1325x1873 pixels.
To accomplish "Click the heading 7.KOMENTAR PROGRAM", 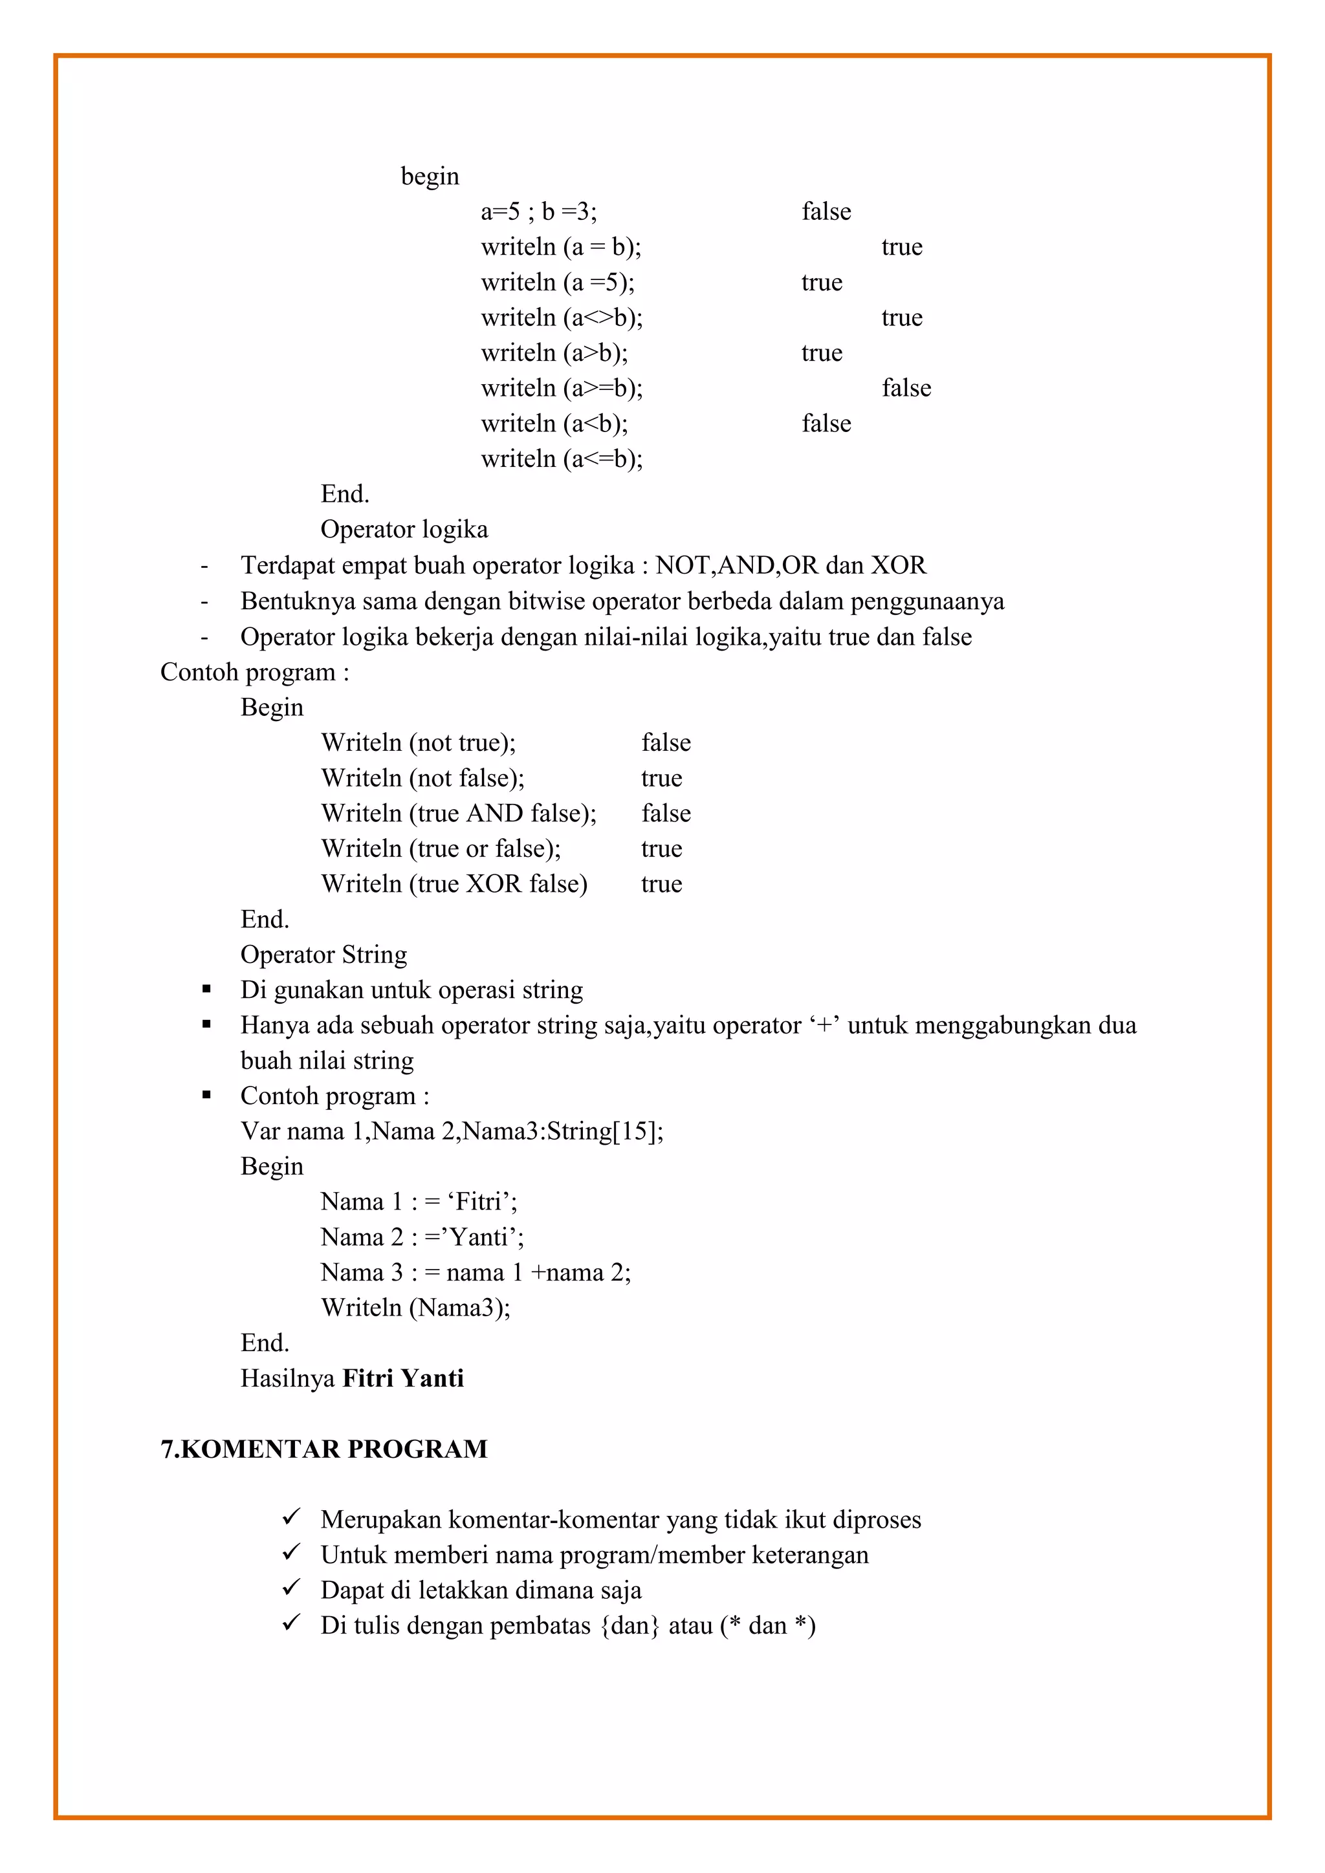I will point(324,1449).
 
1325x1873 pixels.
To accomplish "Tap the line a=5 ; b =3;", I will point(538,211).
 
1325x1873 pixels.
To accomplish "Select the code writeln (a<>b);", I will point(562,318).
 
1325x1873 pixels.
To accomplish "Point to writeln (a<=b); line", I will point(562,459).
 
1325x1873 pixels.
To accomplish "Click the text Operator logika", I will point(404,530).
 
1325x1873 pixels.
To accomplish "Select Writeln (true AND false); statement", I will point(459,814).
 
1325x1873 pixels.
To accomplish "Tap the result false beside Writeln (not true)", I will point(666,742).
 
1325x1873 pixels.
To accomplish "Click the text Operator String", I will point(323,955).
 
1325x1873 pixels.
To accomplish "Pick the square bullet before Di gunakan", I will point(206,990).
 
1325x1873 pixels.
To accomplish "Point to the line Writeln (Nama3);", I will point(415,1308).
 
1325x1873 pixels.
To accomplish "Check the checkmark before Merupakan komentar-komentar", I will point(291,1517).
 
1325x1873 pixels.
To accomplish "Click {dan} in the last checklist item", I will point(629,1625).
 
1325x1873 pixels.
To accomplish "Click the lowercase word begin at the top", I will point(430,176).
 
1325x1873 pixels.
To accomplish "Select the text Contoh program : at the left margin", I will point(254,672).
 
